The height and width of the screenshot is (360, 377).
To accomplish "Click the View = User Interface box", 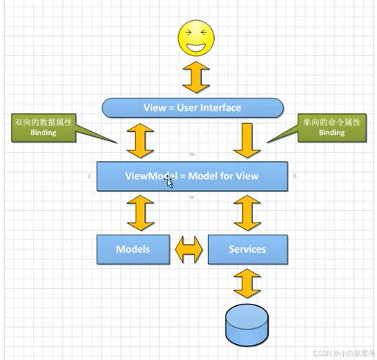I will [x=192, y=108].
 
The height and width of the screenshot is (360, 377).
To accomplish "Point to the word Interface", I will [x=221, y=108].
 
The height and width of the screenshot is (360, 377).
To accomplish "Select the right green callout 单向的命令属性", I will [x=332, y=127].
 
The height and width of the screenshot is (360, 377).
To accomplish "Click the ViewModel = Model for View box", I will [x=192, y=176].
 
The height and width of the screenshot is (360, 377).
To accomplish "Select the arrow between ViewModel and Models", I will [x=140, y=212].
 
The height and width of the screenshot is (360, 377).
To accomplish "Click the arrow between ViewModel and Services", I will [x=247, y=212].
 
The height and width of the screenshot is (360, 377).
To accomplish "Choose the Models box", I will [x=133, y=249].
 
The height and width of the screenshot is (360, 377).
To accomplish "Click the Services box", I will [x=247, y=249].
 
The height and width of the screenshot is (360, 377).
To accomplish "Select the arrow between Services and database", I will [x=247, y=284].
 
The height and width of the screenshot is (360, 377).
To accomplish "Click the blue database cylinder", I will [x=247, y=325].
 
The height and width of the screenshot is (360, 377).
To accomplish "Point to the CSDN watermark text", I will [x=343, y=354].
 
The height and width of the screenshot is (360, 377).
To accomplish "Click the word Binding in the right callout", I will [x=332, y=133].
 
